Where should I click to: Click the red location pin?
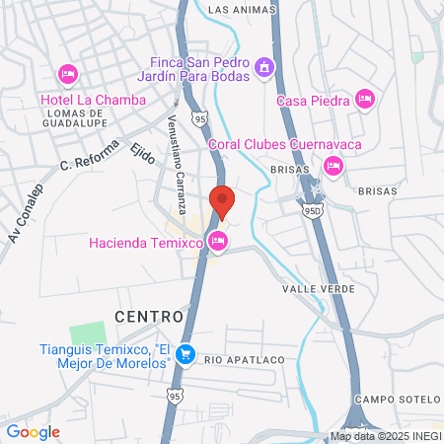tap(222, 200)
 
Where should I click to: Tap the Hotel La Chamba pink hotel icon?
tap(68, 73)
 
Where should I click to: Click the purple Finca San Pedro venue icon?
tap(263, 67)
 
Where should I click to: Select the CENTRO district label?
tap(148, 317)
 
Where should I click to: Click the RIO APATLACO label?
tap(244, 359)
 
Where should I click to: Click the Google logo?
tap(33, 431)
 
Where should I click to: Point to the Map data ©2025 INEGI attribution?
tap(385, 436)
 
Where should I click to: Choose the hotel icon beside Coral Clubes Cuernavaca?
tap(333, 165)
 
